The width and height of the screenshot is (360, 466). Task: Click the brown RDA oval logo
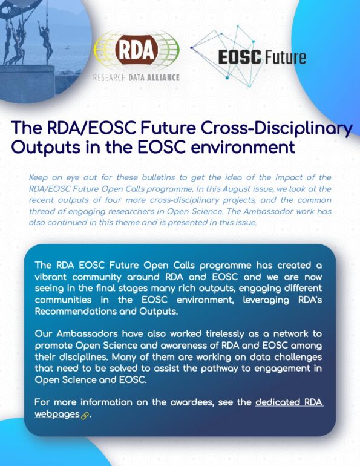coord(136,50)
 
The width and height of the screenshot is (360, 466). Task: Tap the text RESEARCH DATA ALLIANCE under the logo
coord(136,77)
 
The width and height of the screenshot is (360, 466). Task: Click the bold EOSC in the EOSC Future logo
coord(240,57)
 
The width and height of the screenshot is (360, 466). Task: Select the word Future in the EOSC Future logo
coord(285,57)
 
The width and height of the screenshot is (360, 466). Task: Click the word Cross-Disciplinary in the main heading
coord(277,128)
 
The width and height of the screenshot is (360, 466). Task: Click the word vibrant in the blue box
coord(50,277)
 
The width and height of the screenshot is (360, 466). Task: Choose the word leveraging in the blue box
coord(266,300)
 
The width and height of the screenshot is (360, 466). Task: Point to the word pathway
coord(220,369)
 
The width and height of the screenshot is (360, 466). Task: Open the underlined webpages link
coord(57,414)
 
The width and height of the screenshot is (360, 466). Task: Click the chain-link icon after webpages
coord(85,416)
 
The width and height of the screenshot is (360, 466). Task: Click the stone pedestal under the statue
coord(27,80)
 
